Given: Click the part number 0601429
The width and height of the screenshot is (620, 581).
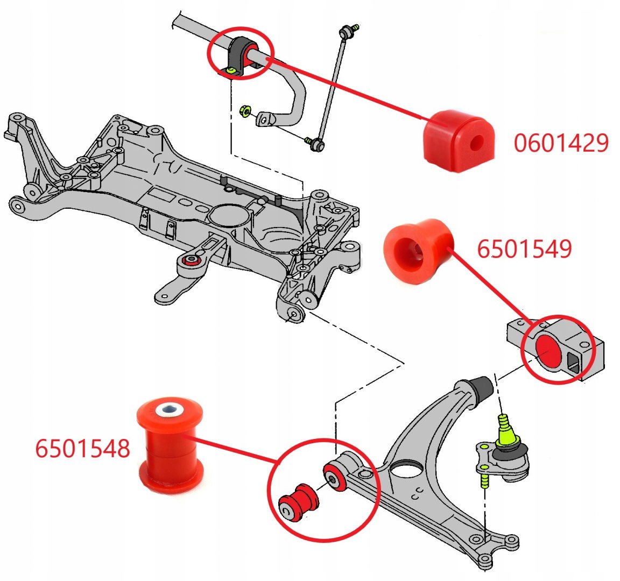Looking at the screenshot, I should [x=561, y=143].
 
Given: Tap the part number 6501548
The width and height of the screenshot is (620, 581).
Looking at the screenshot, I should [x=82, y=448].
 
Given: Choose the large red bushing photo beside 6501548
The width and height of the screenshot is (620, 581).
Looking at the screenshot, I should [x=170, y=444].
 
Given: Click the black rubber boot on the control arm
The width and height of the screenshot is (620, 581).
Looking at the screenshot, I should [x=481, y=389].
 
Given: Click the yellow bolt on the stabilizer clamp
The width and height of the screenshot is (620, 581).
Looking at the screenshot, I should [x=231, y=70].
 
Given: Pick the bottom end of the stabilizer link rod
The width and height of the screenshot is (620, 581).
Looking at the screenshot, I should [x=316, y=144].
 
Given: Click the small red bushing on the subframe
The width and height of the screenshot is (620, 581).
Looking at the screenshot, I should [x=190, y=261].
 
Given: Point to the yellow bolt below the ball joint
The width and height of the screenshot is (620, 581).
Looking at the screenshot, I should [x=483, y=478].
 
